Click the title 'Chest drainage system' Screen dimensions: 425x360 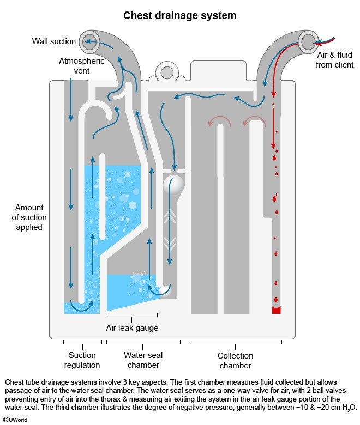(180, 15)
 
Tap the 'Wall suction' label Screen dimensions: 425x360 (53, 41)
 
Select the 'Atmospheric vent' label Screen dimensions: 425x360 (82, 66)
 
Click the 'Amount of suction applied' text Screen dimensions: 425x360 (31, 217)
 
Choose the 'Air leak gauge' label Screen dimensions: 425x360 (132, 327)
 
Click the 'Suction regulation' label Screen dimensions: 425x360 (82, 360)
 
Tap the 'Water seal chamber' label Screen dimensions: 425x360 (143, 360)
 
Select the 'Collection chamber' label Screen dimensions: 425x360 (236, 360)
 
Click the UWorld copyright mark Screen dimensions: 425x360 (15, 420)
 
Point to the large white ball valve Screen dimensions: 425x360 (173, 184)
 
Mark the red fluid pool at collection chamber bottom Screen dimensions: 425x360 (277, 309)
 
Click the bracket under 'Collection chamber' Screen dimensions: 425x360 (236, 343)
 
